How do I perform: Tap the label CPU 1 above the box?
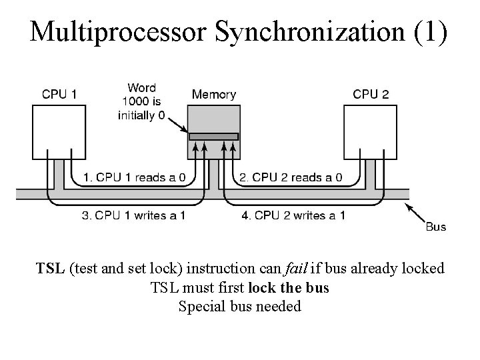[59, 95]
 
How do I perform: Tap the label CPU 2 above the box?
[371, 95]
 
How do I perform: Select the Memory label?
[213, 95]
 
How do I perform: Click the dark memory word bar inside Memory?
[213, 137]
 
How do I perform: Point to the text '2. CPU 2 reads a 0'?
[291, 177]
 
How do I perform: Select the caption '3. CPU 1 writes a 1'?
[133, 215]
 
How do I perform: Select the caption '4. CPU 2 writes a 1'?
[293, 215]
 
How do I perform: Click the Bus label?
[435, 227]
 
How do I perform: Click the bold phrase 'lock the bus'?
[288, 288]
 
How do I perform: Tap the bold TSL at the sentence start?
[50, 269]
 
